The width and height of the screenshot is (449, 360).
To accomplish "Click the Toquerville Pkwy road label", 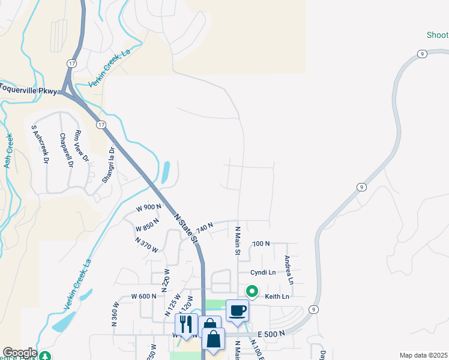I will click(29, 89).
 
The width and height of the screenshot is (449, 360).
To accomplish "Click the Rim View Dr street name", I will click(81, 147).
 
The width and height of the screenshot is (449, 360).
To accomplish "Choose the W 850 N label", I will click(147, 225).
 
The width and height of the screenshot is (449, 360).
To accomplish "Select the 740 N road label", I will click(204, 228).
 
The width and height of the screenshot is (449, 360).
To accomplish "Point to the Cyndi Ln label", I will click(263, 272).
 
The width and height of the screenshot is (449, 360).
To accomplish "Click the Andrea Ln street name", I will click(289, 270).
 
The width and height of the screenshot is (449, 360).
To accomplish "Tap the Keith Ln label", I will click(277, 296).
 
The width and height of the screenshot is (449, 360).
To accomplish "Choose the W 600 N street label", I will click(143, 296).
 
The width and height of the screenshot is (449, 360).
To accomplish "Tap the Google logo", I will click(20, 353).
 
